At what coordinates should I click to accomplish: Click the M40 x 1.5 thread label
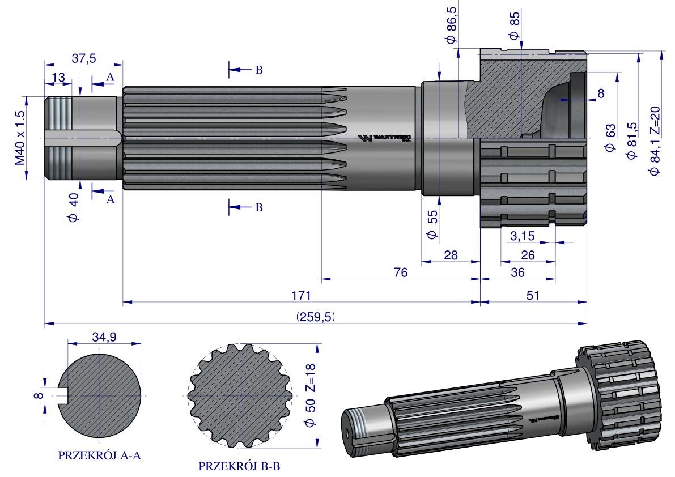point(20,138)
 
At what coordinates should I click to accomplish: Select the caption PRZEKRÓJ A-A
point(99,455)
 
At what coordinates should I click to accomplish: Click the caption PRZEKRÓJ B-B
point(239,467)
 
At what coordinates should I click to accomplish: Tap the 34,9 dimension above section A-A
point(104,337)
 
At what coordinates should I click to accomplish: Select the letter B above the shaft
point(258,70)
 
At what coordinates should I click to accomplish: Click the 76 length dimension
point(400,272)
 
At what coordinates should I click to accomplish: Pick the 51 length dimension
point(532,296)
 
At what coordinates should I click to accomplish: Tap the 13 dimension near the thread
point(58,78)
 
